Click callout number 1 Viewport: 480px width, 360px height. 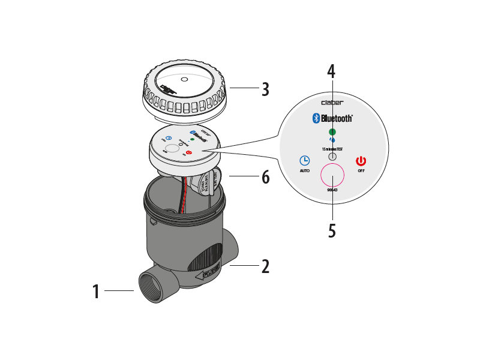point(95,292)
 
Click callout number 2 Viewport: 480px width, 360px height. point(265,266)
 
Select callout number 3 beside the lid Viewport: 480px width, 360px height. point(265,89)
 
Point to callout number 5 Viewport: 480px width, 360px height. point(332,231)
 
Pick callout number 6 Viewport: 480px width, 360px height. point(265,177)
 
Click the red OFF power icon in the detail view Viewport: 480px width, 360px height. point(361,161)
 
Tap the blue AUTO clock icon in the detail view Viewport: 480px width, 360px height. point(305,161)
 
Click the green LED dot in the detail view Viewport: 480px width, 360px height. point(332,131)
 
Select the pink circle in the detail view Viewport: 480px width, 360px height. point(332,175)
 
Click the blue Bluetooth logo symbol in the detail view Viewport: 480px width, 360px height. point(316,118)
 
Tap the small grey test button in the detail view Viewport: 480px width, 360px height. point(332,156)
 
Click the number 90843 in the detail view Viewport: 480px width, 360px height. point(332,190)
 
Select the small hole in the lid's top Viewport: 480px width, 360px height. point(184,79)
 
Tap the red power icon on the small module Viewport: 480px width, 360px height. point(189,153)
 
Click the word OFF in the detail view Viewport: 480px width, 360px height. point(361,171)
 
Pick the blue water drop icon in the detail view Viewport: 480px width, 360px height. point(332,140)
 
